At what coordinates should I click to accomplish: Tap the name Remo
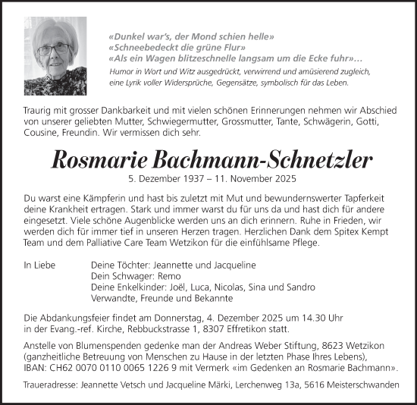[180, 277]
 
